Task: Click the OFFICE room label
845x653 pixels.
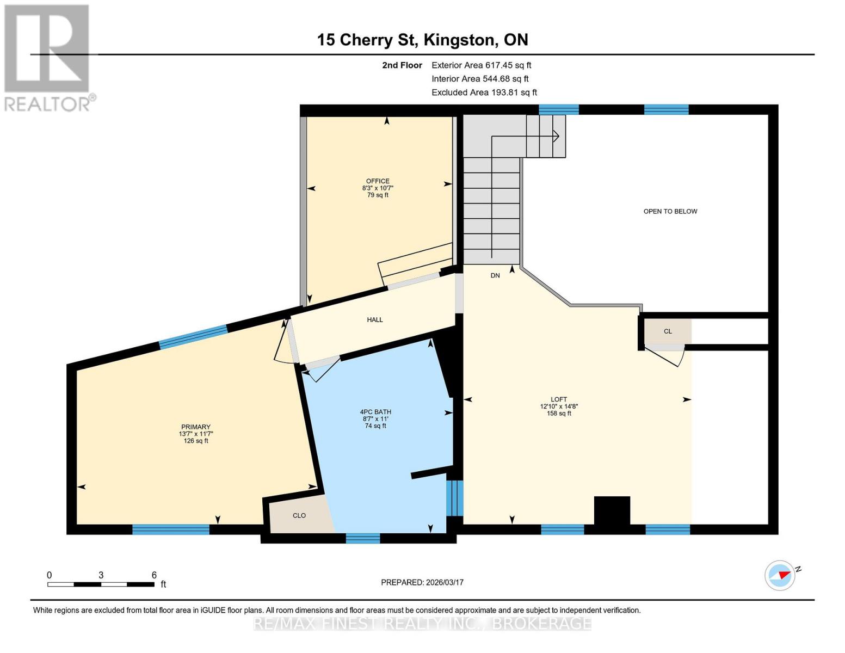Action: pyautogui.click(x=378, y=181)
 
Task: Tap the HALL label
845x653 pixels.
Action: pyautogui.click(x=375, y=320)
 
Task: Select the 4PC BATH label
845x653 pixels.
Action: pyautogui.click(x=375, y=412)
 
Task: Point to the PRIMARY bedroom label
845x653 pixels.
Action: pyautogui.click(x=196, y=427)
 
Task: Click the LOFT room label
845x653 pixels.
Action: pyautogui.click(x=559, y=399)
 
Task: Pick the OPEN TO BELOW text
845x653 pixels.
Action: pyautogui.click(x=670, y=211)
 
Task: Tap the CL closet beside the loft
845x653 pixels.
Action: pyautogui.click(x=668, y=331)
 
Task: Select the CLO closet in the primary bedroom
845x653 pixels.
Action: pyautogui.click(x=299, y=515)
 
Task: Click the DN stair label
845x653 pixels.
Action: pyautogui.click(x=495, y=276)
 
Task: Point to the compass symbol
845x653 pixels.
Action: pyautogui.click(x=780, y=575)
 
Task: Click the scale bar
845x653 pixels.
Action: pyautogui.click(x=101, y=584)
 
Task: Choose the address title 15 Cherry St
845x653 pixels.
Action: pyautogui.click(x=422, y=40)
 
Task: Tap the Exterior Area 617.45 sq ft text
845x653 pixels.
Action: pyautogui.click(x=481, y=65)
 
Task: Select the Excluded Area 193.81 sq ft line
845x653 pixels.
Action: pyautogui.click(x=484, y=93)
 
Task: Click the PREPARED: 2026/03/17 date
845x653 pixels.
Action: pyautogui.click(x=422, y=582)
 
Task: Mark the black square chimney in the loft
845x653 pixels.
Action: pyautogui.click(x=612, y=510)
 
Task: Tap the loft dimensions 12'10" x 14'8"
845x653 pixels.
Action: pyautogui.click(x=559, y=406)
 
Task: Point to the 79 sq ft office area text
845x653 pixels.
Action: pyautogui.click(x=378, y=195)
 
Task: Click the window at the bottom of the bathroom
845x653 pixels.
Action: pyautogui.click(x=363, y=538)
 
